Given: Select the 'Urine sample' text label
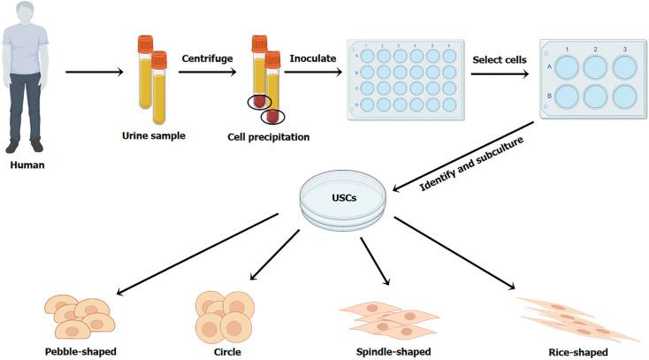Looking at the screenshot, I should [153, 136].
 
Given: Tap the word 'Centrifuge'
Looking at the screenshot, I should [207, 57].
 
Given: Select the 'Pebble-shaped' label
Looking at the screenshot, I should [80, 351].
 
